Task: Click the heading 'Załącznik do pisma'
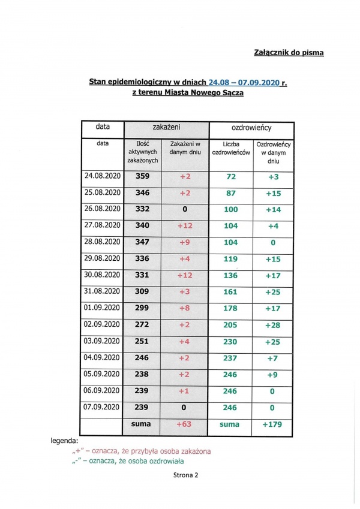pos(289,53)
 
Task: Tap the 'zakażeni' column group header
pos(166,128)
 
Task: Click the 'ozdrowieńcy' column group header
pos(251,128)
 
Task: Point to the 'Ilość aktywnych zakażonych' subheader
pos(143,152)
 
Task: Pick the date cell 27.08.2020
pos(103,225)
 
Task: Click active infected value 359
pos(143,177)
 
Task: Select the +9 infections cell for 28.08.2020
pos(185,242)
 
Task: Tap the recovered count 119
pos(231,258)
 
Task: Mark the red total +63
pos(185,424)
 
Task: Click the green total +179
pos(273,424)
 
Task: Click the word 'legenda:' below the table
pos(65,441)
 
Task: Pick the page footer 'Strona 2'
pos(182,475)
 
